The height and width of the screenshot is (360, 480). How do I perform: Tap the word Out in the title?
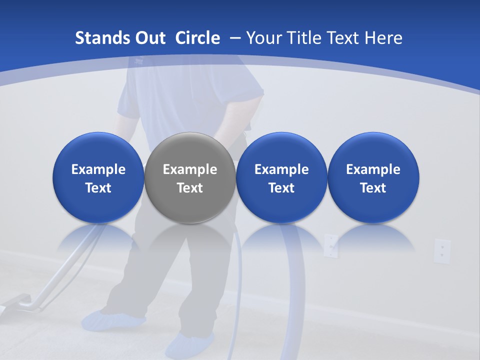coord(148,38)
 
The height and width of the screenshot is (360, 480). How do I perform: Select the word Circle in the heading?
coord(197,38)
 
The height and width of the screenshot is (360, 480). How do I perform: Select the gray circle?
coord(190,177)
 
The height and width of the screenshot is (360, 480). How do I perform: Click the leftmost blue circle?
coord(98,177)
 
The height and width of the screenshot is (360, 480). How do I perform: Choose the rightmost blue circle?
coord(373,177)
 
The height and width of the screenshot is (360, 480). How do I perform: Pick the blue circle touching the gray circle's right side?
coord(281,177)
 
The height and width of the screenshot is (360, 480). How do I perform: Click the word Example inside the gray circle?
coord(190,169)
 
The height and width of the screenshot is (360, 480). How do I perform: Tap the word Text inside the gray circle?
coord(190,188)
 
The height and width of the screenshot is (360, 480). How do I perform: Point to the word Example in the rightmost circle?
coord(373,169)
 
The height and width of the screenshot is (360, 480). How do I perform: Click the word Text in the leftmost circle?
coord(98,188)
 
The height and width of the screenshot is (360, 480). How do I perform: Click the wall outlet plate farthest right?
coord(442,250)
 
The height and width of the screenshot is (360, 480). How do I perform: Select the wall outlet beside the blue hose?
coord(330,245)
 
